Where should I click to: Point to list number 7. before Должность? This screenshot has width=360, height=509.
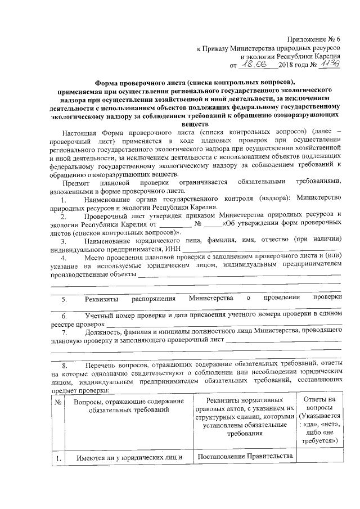point(64,332)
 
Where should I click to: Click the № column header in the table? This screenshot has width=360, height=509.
point(58,403)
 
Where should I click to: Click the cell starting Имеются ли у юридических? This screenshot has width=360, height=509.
point(130,457)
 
